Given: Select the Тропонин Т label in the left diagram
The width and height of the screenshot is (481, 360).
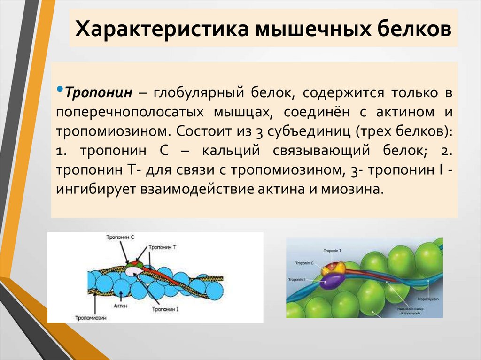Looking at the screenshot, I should tap(163, 247).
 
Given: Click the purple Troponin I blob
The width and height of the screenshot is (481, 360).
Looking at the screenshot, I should tap(331, 281).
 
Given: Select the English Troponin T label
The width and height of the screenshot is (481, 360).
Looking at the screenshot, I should tap(333, 251).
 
